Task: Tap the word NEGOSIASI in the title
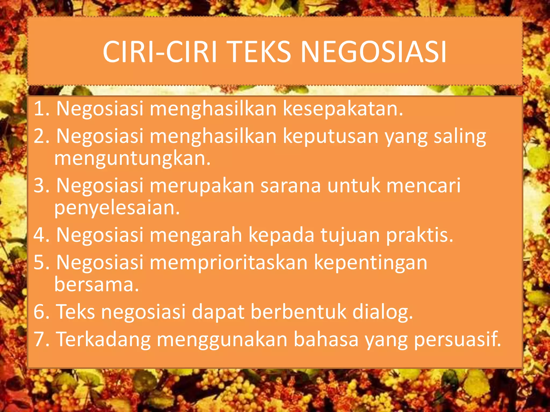(374, 52)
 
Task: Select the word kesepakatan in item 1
(343, 109)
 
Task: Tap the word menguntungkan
(132, 159)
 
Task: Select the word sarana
(291, 185)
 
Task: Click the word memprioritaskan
(229, 263)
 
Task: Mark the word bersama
(96, 284)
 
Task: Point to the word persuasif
(457, 340)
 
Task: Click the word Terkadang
(103, 340)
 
